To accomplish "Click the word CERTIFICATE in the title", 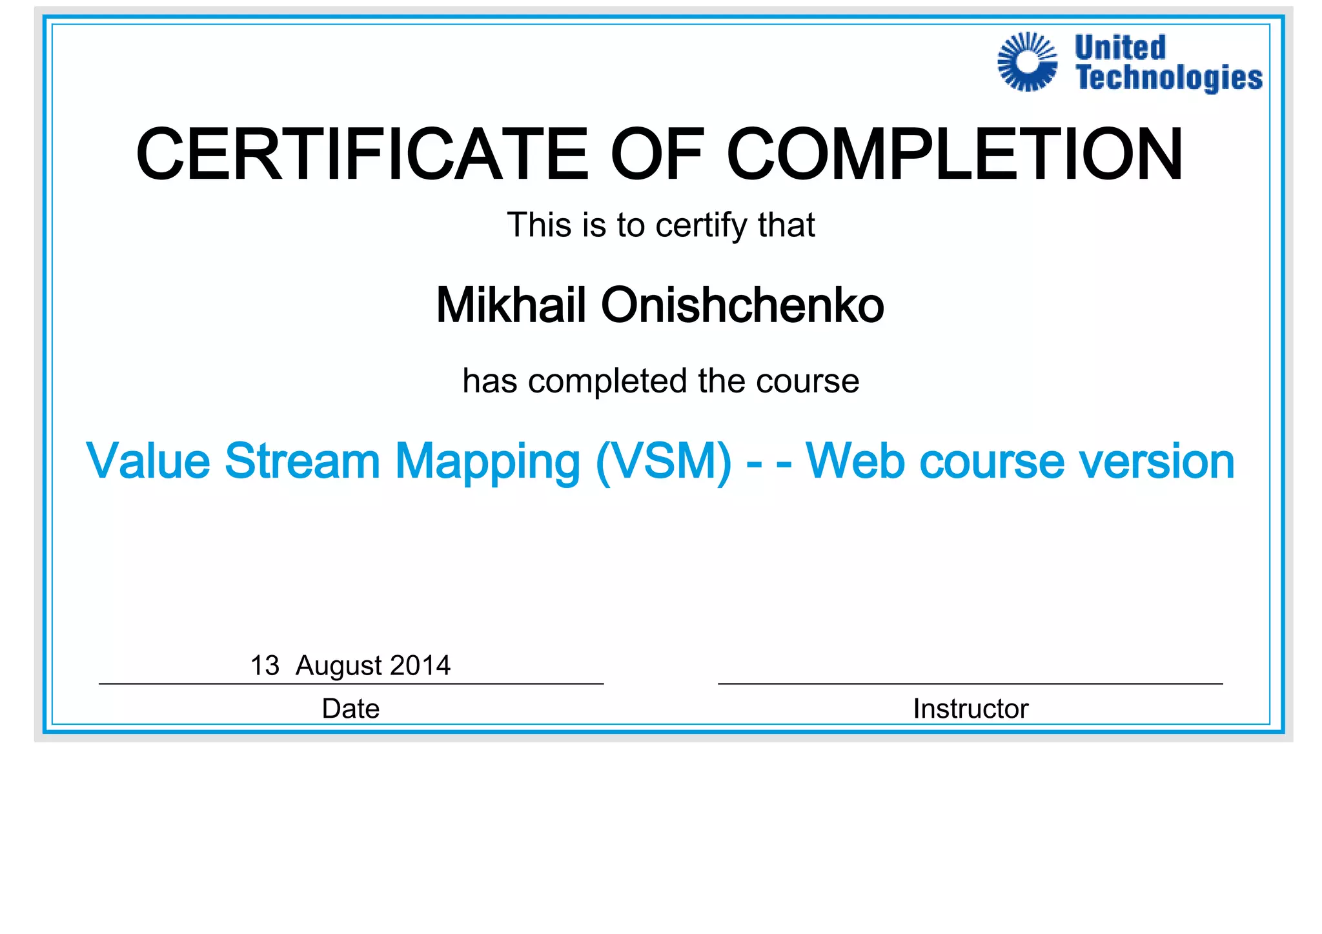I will pyautogui.click(x=361, y=155).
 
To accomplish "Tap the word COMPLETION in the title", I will pyautogui.click(x=955, y=155).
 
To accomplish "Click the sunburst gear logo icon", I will pyautogui.click(x=1027, y=62).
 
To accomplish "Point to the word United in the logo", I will pyautogui.click(x=1120, y=48).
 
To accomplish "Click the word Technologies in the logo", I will pyautogui.click(x=1169, y=78).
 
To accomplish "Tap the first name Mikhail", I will pyautogui.click(x=511, y=305).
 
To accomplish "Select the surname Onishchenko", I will pyautogui.click(x=742, y=305).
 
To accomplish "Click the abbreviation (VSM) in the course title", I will pyautogui.click(x=664, y=462).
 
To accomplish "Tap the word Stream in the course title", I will pyautogui.click(x=302, y=462).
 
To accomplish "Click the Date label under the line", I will pyautogui.click(x=351, y=709).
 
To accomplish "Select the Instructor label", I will pyautogui.click(x=970, y=709).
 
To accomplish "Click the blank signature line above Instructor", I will pyautogui.click(x=970, y=683).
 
